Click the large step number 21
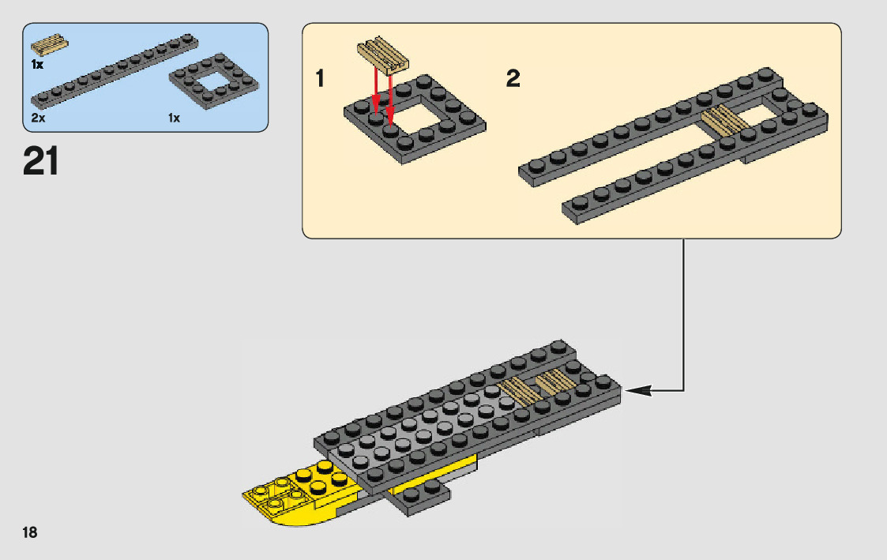[41, 161]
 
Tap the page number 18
[30, 532]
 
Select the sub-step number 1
[320, 79]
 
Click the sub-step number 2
[513, 79]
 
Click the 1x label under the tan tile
[37, 64]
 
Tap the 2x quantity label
[37, 118]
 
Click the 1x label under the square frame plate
[174, 118]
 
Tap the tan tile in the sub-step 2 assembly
[724, 121]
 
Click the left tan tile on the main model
[517, 389]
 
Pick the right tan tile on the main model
[556, 381]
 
